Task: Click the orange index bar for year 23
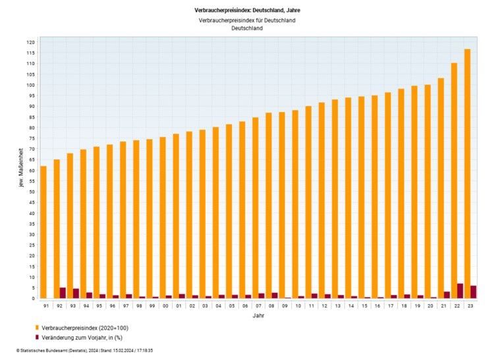[x=467, y=174]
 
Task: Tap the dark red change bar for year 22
[x=460, y=291]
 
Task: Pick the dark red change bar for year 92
[x=63, y=293]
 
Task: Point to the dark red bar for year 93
[x=76, y=294]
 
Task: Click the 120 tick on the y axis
[x=30, y=42]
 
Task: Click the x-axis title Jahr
[x=258, y=316]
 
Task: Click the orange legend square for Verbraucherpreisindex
[x=36, y=328]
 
